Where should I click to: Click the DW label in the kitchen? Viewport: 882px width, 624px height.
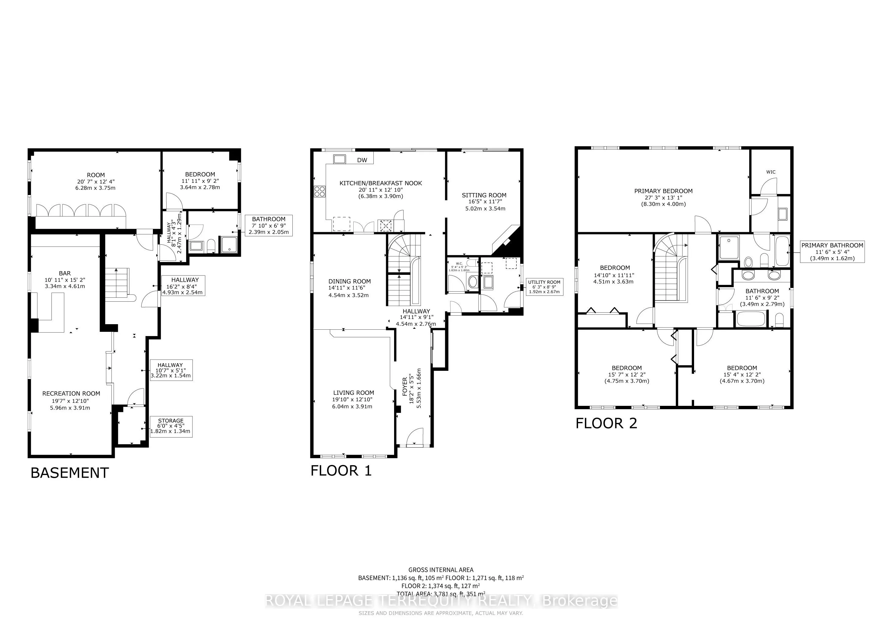[362, 160]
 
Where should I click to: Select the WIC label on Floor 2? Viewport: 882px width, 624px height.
[771, 172]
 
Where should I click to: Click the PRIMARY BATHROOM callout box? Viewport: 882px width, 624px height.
[832, 252]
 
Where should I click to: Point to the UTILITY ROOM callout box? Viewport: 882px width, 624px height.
[544, 287]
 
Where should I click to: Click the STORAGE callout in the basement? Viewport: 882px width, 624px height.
[170, 427]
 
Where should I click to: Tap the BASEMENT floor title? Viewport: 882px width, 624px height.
[69, 473]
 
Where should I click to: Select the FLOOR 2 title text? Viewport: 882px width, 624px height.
[606, 424]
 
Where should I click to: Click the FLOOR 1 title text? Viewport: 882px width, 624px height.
[341, 471]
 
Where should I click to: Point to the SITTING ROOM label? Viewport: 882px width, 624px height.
[484, 195]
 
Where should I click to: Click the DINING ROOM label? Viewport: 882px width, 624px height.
[349, 281]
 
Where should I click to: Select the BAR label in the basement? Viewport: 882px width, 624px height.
[65, 273]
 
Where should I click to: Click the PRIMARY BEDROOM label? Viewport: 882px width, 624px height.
[663, 191]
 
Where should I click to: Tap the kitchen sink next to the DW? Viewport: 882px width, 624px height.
[340, 159]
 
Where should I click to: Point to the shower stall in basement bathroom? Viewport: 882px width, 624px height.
[229, 244]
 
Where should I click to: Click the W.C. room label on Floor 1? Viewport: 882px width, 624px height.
[459, 264]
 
